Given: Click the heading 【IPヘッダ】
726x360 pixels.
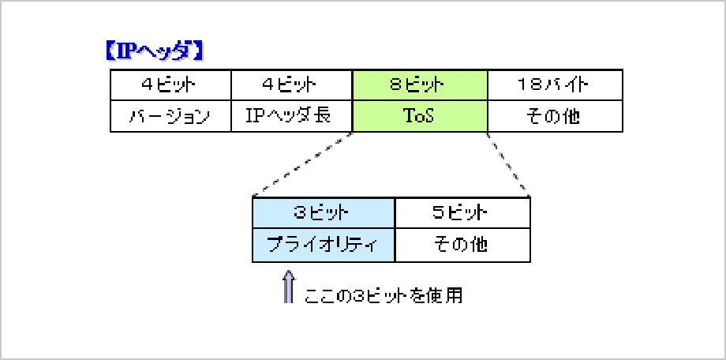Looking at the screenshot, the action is click(x=155, y=51).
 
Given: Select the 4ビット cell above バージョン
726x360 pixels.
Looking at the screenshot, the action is click(x=170, y=84).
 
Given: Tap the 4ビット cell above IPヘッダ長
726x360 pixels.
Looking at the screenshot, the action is click(x=291, y=84).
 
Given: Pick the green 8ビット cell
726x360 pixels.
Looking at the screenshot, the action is click(x=420, y=84).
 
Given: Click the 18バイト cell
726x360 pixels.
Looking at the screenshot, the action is click(x=555, y=84).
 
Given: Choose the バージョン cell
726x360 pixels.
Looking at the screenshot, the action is click(x=170, y=116).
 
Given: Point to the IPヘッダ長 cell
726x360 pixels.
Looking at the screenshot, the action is click(x=291, y=116).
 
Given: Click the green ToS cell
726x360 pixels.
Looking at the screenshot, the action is click(x=420, y=116).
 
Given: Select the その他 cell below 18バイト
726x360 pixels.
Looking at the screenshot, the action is click(x=555, y=116).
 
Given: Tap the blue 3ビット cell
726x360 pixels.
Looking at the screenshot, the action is click(x=324, y=212).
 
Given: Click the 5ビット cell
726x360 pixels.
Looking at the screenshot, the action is click(x=462, y=212).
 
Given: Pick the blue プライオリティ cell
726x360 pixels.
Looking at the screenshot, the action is click(x=324, y=245).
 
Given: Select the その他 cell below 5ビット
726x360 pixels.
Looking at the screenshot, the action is click(x=462, y=245).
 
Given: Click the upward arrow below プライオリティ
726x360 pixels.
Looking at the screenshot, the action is click(x=289, y=287).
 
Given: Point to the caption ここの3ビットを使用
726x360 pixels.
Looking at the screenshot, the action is click(x=384, y=295).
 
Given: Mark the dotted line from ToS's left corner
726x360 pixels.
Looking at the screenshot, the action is click(x=303, y=164).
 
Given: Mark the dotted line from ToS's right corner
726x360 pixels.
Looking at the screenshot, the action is click(x=507, y=164).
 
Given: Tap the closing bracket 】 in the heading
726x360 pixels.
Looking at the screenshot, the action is click(x=198, y=51).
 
